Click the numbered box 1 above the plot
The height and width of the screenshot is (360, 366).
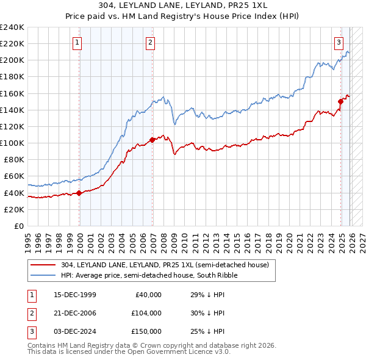pos(78,42)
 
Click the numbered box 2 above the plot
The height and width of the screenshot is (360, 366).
pos(150,42)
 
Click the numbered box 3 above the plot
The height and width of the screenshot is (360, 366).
pos(339,42)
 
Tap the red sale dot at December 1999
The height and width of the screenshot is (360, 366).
pos(79,193)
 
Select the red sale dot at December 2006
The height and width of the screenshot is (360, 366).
pos(152,140)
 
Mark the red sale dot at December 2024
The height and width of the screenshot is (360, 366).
pos(340,101)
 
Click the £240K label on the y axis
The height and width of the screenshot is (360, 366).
pos(12,27)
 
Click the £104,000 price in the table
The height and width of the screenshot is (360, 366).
pos(146,313)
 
